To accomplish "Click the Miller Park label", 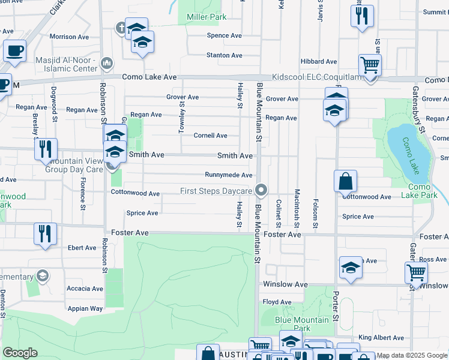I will tap(206, 17).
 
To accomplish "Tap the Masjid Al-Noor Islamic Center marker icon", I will tap(107, 62).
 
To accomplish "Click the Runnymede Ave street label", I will tap(228, 175).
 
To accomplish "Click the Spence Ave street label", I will tap(224, 36).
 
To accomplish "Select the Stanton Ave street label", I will tap(224, 55).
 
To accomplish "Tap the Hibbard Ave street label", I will tap(319, 61).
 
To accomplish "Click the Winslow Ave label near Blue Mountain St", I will tap(285, 284).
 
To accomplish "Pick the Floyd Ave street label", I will tap(277, 302).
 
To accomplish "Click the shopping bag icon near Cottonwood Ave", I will tap(346, 181).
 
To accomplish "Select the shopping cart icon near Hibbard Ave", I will tap(370, 64).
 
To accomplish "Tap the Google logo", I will tap(20, 353).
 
